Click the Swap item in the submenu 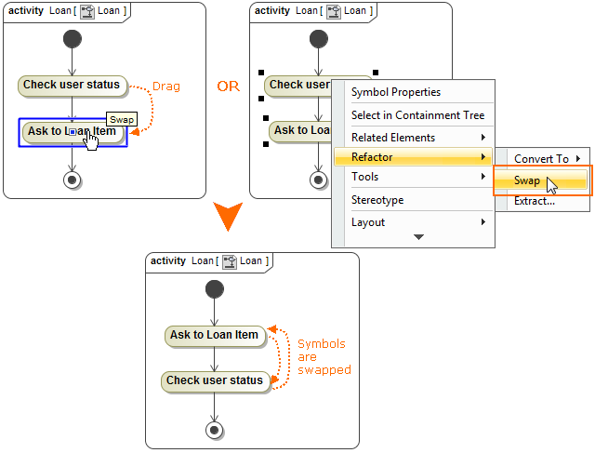[527, 180]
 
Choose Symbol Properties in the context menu [395, 92]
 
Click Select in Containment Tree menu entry [417, 115]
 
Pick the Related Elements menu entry [392, 138]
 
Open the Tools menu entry [364, 177]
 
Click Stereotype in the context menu [377, 200]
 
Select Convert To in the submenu [541, 159]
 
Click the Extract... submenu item [535, 201]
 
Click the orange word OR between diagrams [228, 87]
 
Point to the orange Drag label [165, 87]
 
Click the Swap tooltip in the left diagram [122, 120]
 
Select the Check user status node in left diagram [72, 86]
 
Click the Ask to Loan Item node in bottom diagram [214, 335]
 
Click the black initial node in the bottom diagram [214, 290]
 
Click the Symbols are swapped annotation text [324, 357]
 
